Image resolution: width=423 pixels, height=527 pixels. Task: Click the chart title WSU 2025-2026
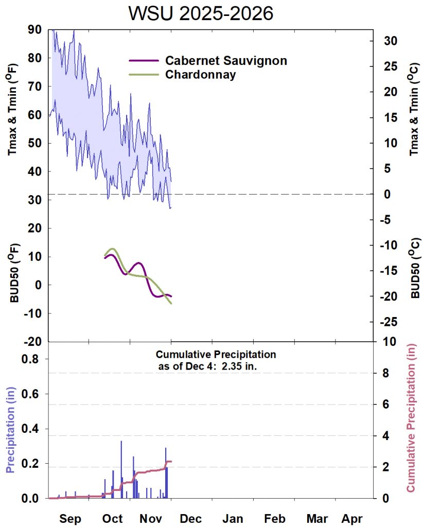point(201,13)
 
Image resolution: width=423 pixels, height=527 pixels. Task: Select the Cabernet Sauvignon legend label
point(226,61)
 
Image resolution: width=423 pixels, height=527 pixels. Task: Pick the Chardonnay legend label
point(200,75)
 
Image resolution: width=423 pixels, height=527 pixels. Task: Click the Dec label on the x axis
point(190,518)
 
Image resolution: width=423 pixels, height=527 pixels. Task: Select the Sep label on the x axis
point(70,518)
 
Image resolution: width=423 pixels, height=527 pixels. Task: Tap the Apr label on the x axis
point(351,518)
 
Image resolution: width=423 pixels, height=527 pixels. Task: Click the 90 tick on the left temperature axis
point(34,30)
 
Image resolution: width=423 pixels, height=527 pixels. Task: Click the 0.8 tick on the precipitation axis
point(32,359)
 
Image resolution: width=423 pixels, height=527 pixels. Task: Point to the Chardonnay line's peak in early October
point(112,249)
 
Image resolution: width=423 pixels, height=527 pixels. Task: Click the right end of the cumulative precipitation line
point(171,462)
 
